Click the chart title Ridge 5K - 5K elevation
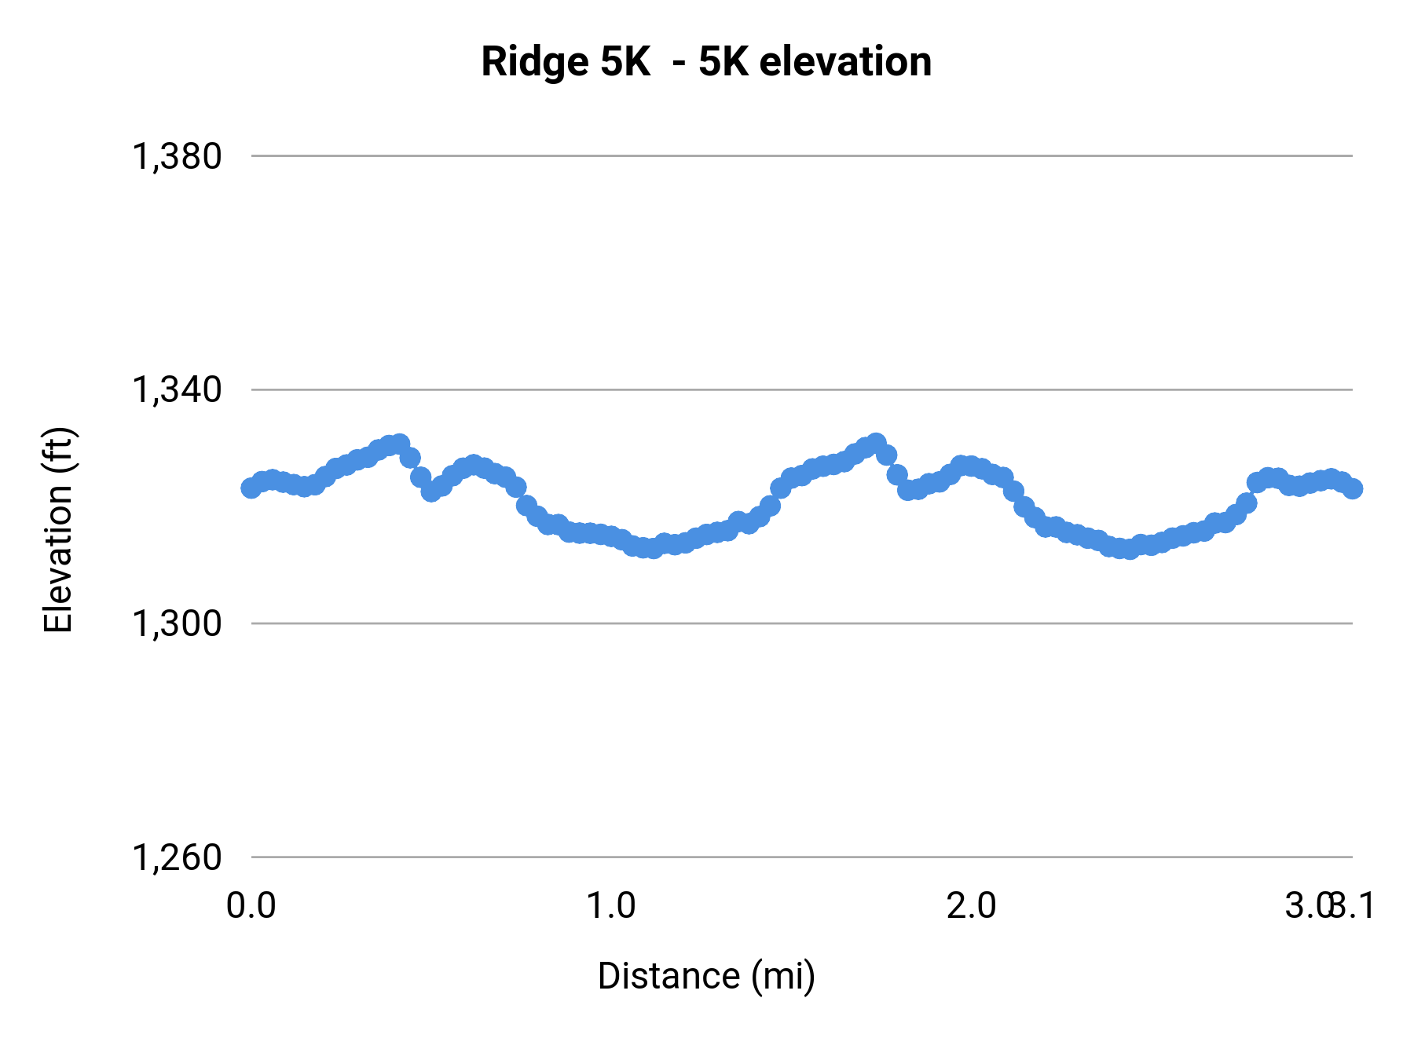[x=706, y=61]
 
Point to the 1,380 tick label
[x=177, y=156]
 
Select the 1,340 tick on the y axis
[x=177, y=389]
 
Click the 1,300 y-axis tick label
[x=177, y=623]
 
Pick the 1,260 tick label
[x=177, y=857]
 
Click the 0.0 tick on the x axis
[x=251, y=905]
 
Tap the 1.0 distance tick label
[x=611, y=905]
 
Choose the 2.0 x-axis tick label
[x=971, y=905]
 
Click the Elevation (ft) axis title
[x=58, y=530]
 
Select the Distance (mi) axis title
[x=706, y=976]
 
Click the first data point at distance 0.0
[x=251, y=488]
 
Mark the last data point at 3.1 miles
[x=1353, y=488]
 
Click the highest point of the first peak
[x=400, y=444]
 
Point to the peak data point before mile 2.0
[x=876, y=444]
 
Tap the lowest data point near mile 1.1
[x=652, y=549]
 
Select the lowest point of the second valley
[x=1130, y=550]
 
